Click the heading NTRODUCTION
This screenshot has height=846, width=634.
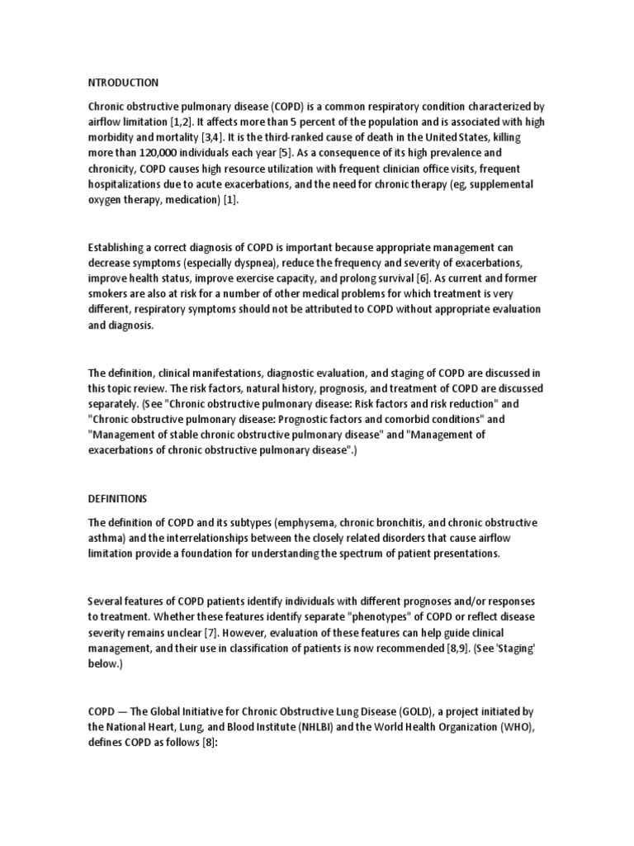pyautogui.click(x=123, y=83)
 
